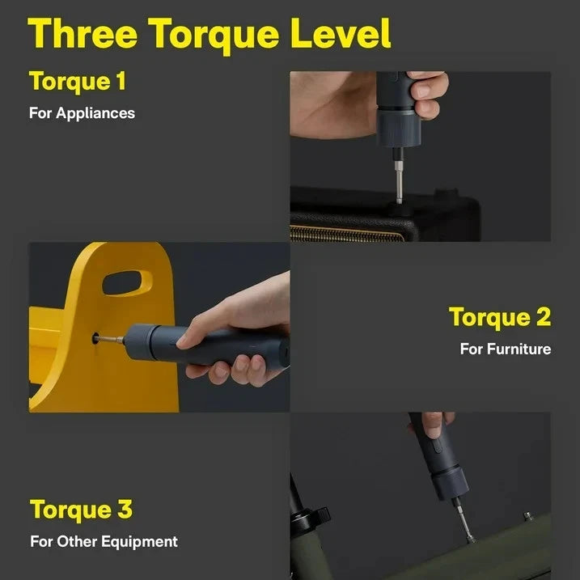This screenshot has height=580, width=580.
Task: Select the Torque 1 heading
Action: (x=78, y=82)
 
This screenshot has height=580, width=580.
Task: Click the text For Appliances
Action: (x=82, y=113)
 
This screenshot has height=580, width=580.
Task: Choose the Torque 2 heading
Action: (x=499, y=317)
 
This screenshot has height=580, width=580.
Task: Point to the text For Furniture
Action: (x=505, y=349)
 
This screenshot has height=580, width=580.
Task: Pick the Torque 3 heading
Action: (x=81, y=510)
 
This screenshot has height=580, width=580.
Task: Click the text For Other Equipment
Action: (x=104, y=541)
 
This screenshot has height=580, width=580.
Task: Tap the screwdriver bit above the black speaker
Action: (x=398, y=180)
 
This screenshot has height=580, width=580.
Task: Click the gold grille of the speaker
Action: (x=348, y=233)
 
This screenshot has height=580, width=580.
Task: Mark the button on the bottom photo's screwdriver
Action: (x=436, y=446)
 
